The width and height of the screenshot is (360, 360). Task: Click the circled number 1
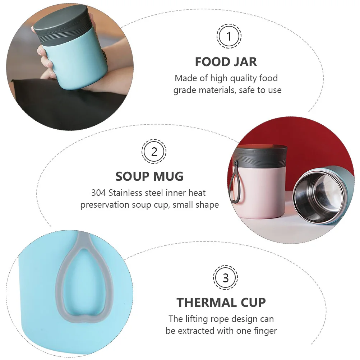point(229,36)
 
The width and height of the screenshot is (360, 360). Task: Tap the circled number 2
point(154,152)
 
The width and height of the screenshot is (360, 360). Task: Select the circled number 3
point(226,278)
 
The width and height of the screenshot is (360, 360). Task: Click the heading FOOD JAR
point(226,62)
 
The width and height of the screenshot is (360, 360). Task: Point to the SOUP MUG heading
point(149,176)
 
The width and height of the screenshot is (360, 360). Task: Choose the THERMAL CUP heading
point(221,303)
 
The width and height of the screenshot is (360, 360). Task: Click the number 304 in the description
point(98,193)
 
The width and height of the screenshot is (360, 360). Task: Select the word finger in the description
point(264,331)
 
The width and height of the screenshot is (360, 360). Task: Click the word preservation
point(105,205)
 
